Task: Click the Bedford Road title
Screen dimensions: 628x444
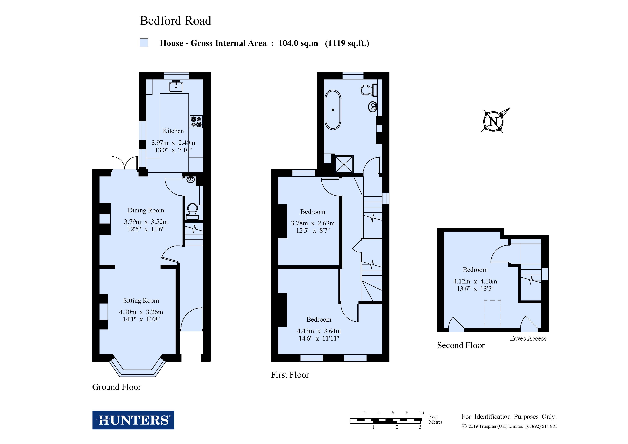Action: (175, 21)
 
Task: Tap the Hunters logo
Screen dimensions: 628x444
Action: (133, 420)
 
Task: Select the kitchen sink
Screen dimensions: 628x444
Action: (176, 86)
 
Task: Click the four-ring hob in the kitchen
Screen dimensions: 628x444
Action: (196, 122)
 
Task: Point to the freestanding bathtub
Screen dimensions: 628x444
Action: (333, 110)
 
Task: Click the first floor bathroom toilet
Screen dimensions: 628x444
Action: (369, 90)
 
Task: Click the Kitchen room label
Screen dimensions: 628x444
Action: (173, 131)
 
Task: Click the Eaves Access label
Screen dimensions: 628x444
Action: (528, 338)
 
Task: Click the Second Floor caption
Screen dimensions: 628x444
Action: (461, 345)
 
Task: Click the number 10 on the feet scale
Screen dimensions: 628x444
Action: (421, 413)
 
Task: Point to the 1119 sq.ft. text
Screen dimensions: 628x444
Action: (347, 43)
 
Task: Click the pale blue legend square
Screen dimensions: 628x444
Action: (144, 43)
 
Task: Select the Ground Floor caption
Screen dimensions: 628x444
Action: (117, 387)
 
